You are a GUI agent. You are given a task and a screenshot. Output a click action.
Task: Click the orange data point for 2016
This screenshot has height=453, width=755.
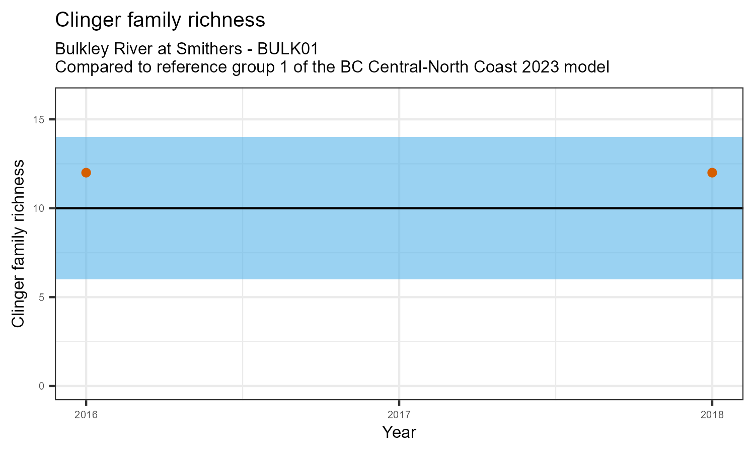click(x=86, y=173)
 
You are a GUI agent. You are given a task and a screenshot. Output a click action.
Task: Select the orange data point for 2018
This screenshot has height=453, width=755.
click(x=712, y=173)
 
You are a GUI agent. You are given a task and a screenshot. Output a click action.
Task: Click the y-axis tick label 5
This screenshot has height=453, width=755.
click(x=42, y=297)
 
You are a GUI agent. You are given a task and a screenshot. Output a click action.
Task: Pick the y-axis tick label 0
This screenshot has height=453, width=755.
click(x=42, y=386)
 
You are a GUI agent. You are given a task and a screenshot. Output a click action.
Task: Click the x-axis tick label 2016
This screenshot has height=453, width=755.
click(x=86, y=415)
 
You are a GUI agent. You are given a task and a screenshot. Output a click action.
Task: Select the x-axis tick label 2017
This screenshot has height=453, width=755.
click(x=399, y=415)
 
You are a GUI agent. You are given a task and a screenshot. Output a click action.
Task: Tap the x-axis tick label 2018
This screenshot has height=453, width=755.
click(x=712, y=415)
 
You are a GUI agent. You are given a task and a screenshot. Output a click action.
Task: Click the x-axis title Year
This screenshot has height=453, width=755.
click(x=399, y=432)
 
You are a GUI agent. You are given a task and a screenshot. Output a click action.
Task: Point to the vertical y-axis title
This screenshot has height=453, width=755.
click(x=18, y=244)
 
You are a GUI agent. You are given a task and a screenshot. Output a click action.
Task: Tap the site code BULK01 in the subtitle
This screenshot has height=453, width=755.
click(x=287, y=49)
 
